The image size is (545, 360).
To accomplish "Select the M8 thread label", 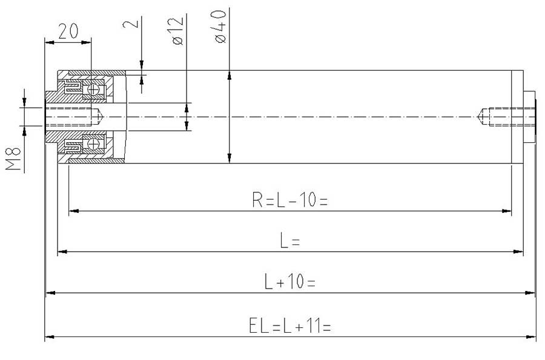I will (14, 159).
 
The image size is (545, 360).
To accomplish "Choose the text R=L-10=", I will (289, 200).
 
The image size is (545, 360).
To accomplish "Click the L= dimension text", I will (290, 241).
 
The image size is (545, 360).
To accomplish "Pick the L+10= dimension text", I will (289, 282).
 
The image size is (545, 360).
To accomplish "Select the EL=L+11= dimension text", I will (289, 327).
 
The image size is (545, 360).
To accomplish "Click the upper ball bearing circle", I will (94, 89).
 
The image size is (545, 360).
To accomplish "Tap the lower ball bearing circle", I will (94, 144).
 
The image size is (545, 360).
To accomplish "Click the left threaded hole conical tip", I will (104, 116).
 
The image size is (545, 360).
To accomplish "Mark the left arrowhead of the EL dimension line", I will (48, 336).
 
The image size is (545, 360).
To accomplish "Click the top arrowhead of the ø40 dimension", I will (229, 75).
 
